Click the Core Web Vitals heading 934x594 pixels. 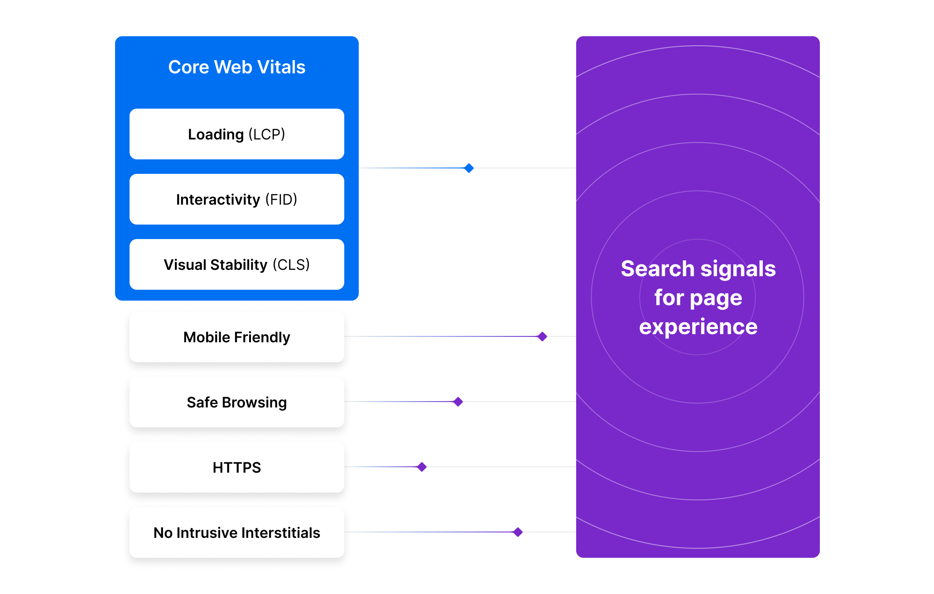[236, 67]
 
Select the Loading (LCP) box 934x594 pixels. [236, 134]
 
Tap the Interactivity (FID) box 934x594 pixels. [236, 199]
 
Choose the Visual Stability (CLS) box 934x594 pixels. [236, 264]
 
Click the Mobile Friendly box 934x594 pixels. [236, 337]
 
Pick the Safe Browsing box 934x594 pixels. [236, 402]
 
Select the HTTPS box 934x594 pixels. [236, 467]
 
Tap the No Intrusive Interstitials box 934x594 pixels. [236, 532]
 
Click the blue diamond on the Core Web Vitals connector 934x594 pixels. [469, 168]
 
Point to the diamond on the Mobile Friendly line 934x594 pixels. [542, 336]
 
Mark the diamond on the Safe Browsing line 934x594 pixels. [458, 402]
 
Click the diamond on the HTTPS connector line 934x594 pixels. [422, 467]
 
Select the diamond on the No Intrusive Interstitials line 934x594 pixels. [518, 532]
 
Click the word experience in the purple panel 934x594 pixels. [698, 327]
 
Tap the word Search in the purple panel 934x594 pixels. [657, 269]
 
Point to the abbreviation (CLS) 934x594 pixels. [291, 264]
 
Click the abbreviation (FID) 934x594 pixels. [281, 199]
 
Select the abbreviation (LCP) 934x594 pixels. [266, 134]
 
